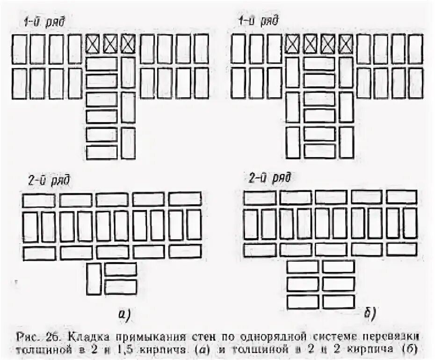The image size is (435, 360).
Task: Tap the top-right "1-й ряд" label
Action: pyautogui.click(x=258, y=22)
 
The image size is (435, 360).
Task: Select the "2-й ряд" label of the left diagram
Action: pyautogui.click(x=49, y=180)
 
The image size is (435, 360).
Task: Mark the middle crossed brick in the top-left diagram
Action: pyautogui.click(x=110, y=44)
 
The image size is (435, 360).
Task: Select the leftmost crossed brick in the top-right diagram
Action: pyautogui.click(x=292, y=44)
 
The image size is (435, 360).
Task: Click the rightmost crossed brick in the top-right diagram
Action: pyautogui.click(x=346, y=44)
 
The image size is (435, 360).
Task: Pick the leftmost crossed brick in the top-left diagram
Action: pyautogui.click(x=93, y=44)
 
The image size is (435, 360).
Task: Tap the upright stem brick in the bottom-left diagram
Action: pyautogui.click(x=94, y=279)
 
